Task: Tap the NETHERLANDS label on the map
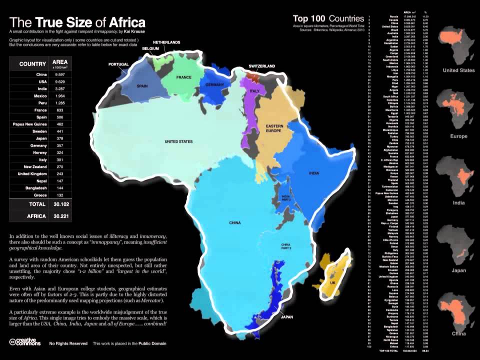click(166, 42)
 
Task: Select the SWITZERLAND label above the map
click(262, 66)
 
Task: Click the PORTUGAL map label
click(119, 64)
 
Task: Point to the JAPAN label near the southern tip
click(287, 317)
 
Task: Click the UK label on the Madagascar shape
click(332, 283)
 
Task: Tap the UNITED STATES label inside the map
click(178, 142)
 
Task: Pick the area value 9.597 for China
click(60, 74)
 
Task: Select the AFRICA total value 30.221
click(60, 216)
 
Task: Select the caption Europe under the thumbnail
click(458, 136)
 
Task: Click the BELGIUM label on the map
click(150, 48)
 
